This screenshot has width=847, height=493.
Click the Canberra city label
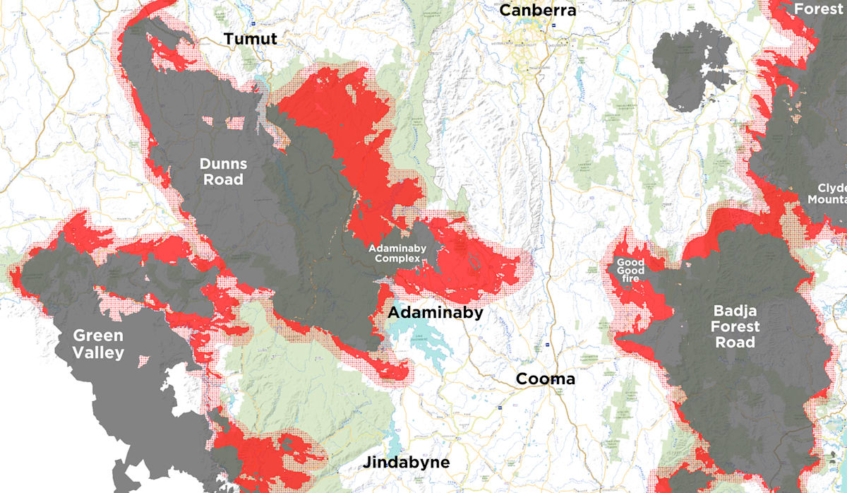coord(538,10)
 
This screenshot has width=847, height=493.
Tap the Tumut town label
coord(251,39)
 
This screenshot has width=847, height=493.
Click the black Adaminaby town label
coord(435,312)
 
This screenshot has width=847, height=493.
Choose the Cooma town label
coord(545,379)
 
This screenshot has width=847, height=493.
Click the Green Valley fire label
coord(98,344)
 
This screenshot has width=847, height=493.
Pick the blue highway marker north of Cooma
coord(548,344)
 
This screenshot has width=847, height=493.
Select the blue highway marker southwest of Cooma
coord(500,408)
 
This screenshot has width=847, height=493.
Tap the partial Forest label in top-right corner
coord(818,9)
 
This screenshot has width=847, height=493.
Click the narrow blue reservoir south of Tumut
coord(260,88)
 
